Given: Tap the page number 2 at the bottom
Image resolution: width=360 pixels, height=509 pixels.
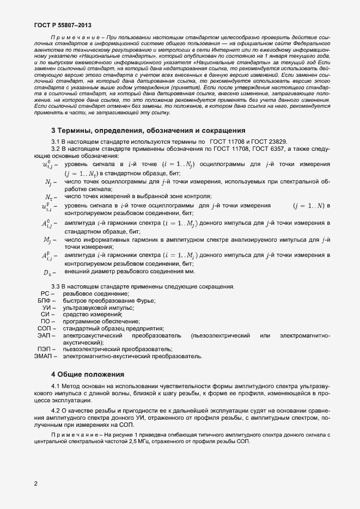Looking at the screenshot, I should click(35, 483).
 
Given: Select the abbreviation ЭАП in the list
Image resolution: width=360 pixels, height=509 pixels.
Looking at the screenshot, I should click(46, 336).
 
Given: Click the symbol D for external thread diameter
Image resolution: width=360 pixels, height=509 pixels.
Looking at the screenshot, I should click(48, 272).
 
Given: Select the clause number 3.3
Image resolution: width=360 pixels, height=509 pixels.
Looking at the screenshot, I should click(56, 286).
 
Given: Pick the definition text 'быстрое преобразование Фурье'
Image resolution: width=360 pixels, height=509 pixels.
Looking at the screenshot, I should click(109, 301).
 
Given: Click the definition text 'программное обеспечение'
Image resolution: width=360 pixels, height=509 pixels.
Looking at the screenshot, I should click(101, 322).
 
